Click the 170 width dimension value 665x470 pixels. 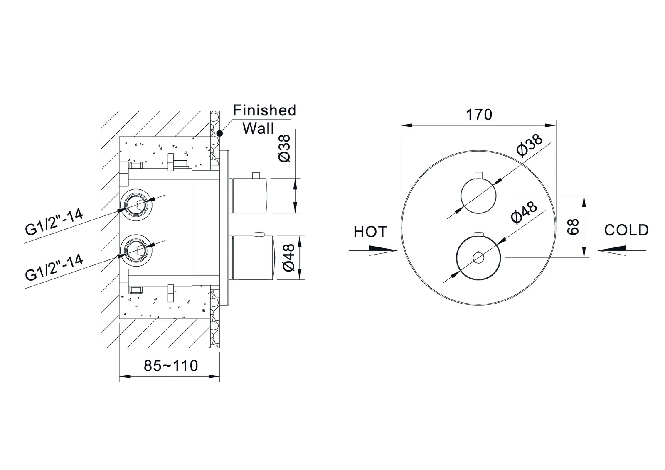pos(479,114)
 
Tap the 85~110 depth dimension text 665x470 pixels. pos(171,365)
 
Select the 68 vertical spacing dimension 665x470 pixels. pos(574,227)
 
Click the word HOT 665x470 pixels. pos(370,232)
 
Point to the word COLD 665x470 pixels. pos(626,230)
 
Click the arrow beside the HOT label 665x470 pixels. pos(373,250)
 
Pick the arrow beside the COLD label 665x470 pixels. pos(622,250)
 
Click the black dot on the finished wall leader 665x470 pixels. pos(220,133)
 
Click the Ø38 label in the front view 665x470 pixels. pos(529,145)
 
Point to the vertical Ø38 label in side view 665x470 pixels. pos(286,148)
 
